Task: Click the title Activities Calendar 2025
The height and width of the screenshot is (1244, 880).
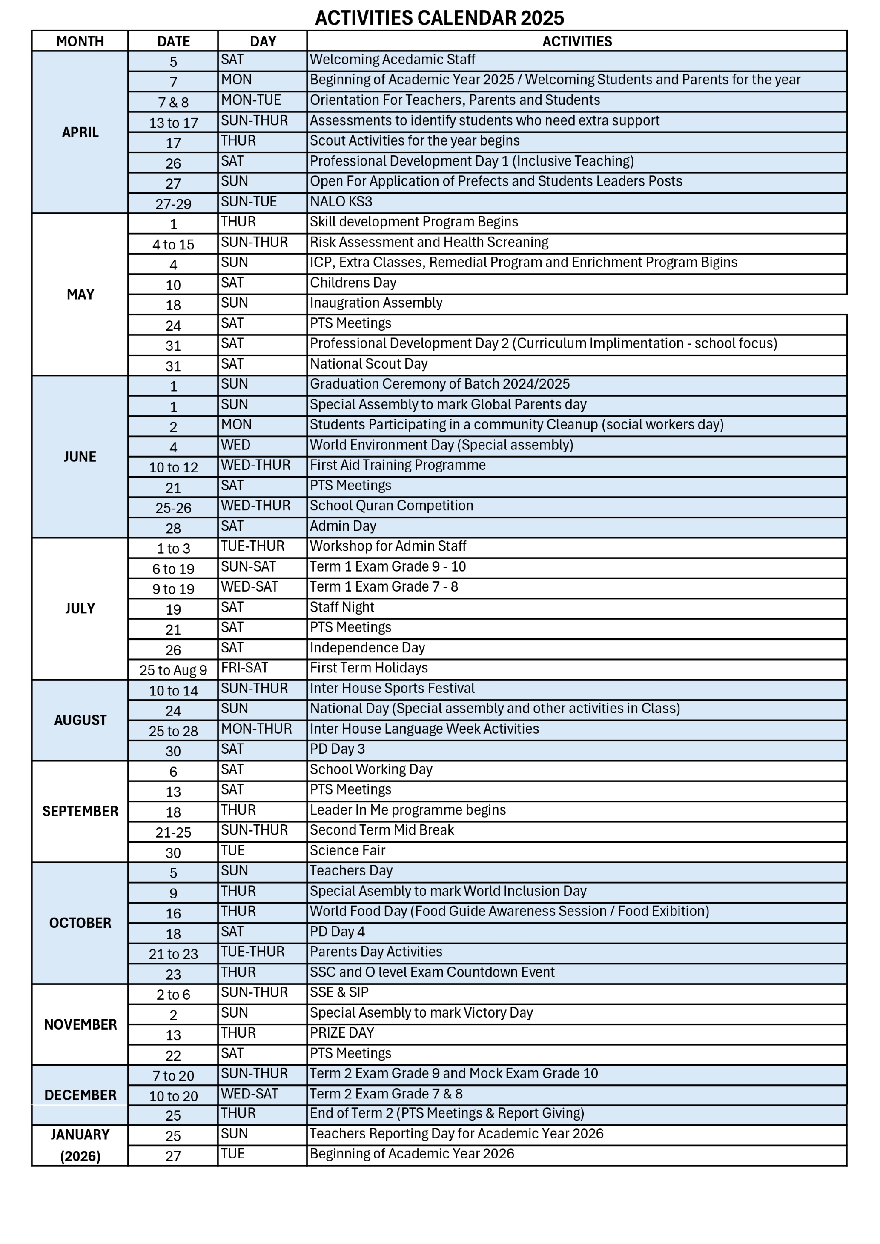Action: click(x=439, y=18)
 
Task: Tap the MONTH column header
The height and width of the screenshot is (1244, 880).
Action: click(x=80, y=41)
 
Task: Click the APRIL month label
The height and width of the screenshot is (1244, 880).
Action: click(x=80, y=132)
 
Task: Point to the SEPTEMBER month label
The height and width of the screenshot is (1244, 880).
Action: click(x=80, y=811)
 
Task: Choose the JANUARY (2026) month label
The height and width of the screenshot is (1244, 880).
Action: click(x=80, y=1145)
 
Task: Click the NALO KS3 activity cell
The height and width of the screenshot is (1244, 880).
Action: click(x=341, y=202)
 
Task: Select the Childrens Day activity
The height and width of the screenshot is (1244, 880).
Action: click(x=353, y=283)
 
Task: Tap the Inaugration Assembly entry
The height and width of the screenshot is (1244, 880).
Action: click(x=376, y=303)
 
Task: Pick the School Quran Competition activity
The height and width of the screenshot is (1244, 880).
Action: click(x=391, y=506)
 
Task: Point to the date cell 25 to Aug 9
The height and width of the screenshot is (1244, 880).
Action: click(x=173, y=670)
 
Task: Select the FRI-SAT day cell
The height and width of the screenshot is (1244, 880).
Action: click(x=244, y=668)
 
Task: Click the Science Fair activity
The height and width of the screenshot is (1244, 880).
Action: click(x=347, y=851)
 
